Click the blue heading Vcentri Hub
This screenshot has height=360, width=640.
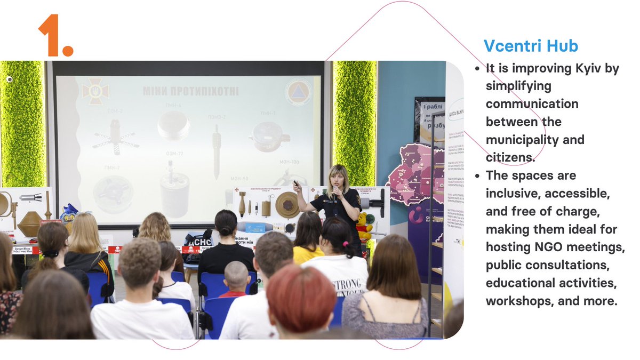(x=531, y=46)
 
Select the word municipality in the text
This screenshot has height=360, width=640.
(x=535, y=140)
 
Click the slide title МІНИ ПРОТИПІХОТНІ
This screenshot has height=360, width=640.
(x=190, y=91)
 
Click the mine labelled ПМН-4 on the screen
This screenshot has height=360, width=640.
(x=173, y=125)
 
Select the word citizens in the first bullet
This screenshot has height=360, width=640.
(x=510, y=157)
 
